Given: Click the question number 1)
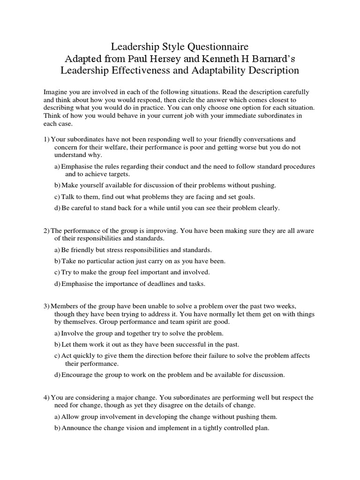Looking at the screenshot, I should click(46, 140).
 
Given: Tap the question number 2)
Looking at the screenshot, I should click(46, 231).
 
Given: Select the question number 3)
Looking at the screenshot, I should click(46, 306).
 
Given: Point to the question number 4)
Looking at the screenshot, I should click(46, 397).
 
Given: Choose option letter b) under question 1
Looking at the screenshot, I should click(57, 185).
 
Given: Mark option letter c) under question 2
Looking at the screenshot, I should click(57, 272).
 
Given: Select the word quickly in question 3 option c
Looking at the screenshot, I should click(87, 356).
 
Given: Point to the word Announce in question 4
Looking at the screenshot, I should click(77, 428).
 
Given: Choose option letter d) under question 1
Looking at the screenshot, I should click(57, 208).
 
